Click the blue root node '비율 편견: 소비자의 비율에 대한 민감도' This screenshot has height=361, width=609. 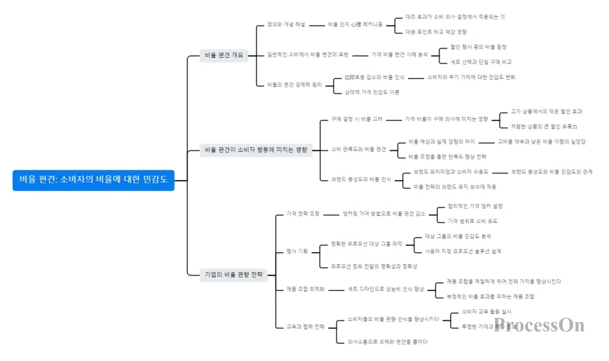[x=93, y=180]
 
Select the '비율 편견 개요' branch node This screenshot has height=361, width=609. [x=224, y=55]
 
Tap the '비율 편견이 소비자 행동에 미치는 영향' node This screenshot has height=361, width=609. [x=256, y=149]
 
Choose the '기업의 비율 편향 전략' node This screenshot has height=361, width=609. [x=234, y=275]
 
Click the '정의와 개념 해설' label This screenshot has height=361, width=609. [x=286, y=24]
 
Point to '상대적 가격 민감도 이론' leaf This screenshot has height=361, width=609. [x=371, y=93]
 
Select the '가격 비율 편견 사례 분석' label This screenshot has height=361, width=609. [x=400, y=55]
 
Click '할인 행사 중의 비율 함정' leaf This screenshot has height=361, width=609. [x=478, y=47]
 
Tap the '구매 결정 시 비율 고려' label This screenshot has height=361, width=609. [x=357, y=119]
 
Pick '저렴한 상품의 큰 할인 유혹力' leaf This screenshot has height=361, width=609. [x=544, y=127]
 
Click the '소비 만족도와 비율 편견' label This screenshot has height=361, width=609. [x=359, y=149]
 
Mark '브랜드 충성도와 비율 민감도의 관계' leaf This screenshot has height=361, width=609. [x=552, y=172]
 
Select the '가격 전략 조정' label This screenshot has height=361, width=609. [x=303, y=214]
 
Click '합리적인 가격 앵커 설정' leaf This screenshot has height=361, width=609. [x=475, y=206]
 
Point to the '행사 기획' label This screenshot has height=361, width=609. [x=297, y=251]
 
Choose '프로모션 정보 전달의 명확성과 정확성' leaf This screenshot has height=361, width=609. [x=374, y=267]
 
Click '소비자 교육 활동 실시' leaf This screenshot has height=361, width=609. [x=486, y=311]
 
